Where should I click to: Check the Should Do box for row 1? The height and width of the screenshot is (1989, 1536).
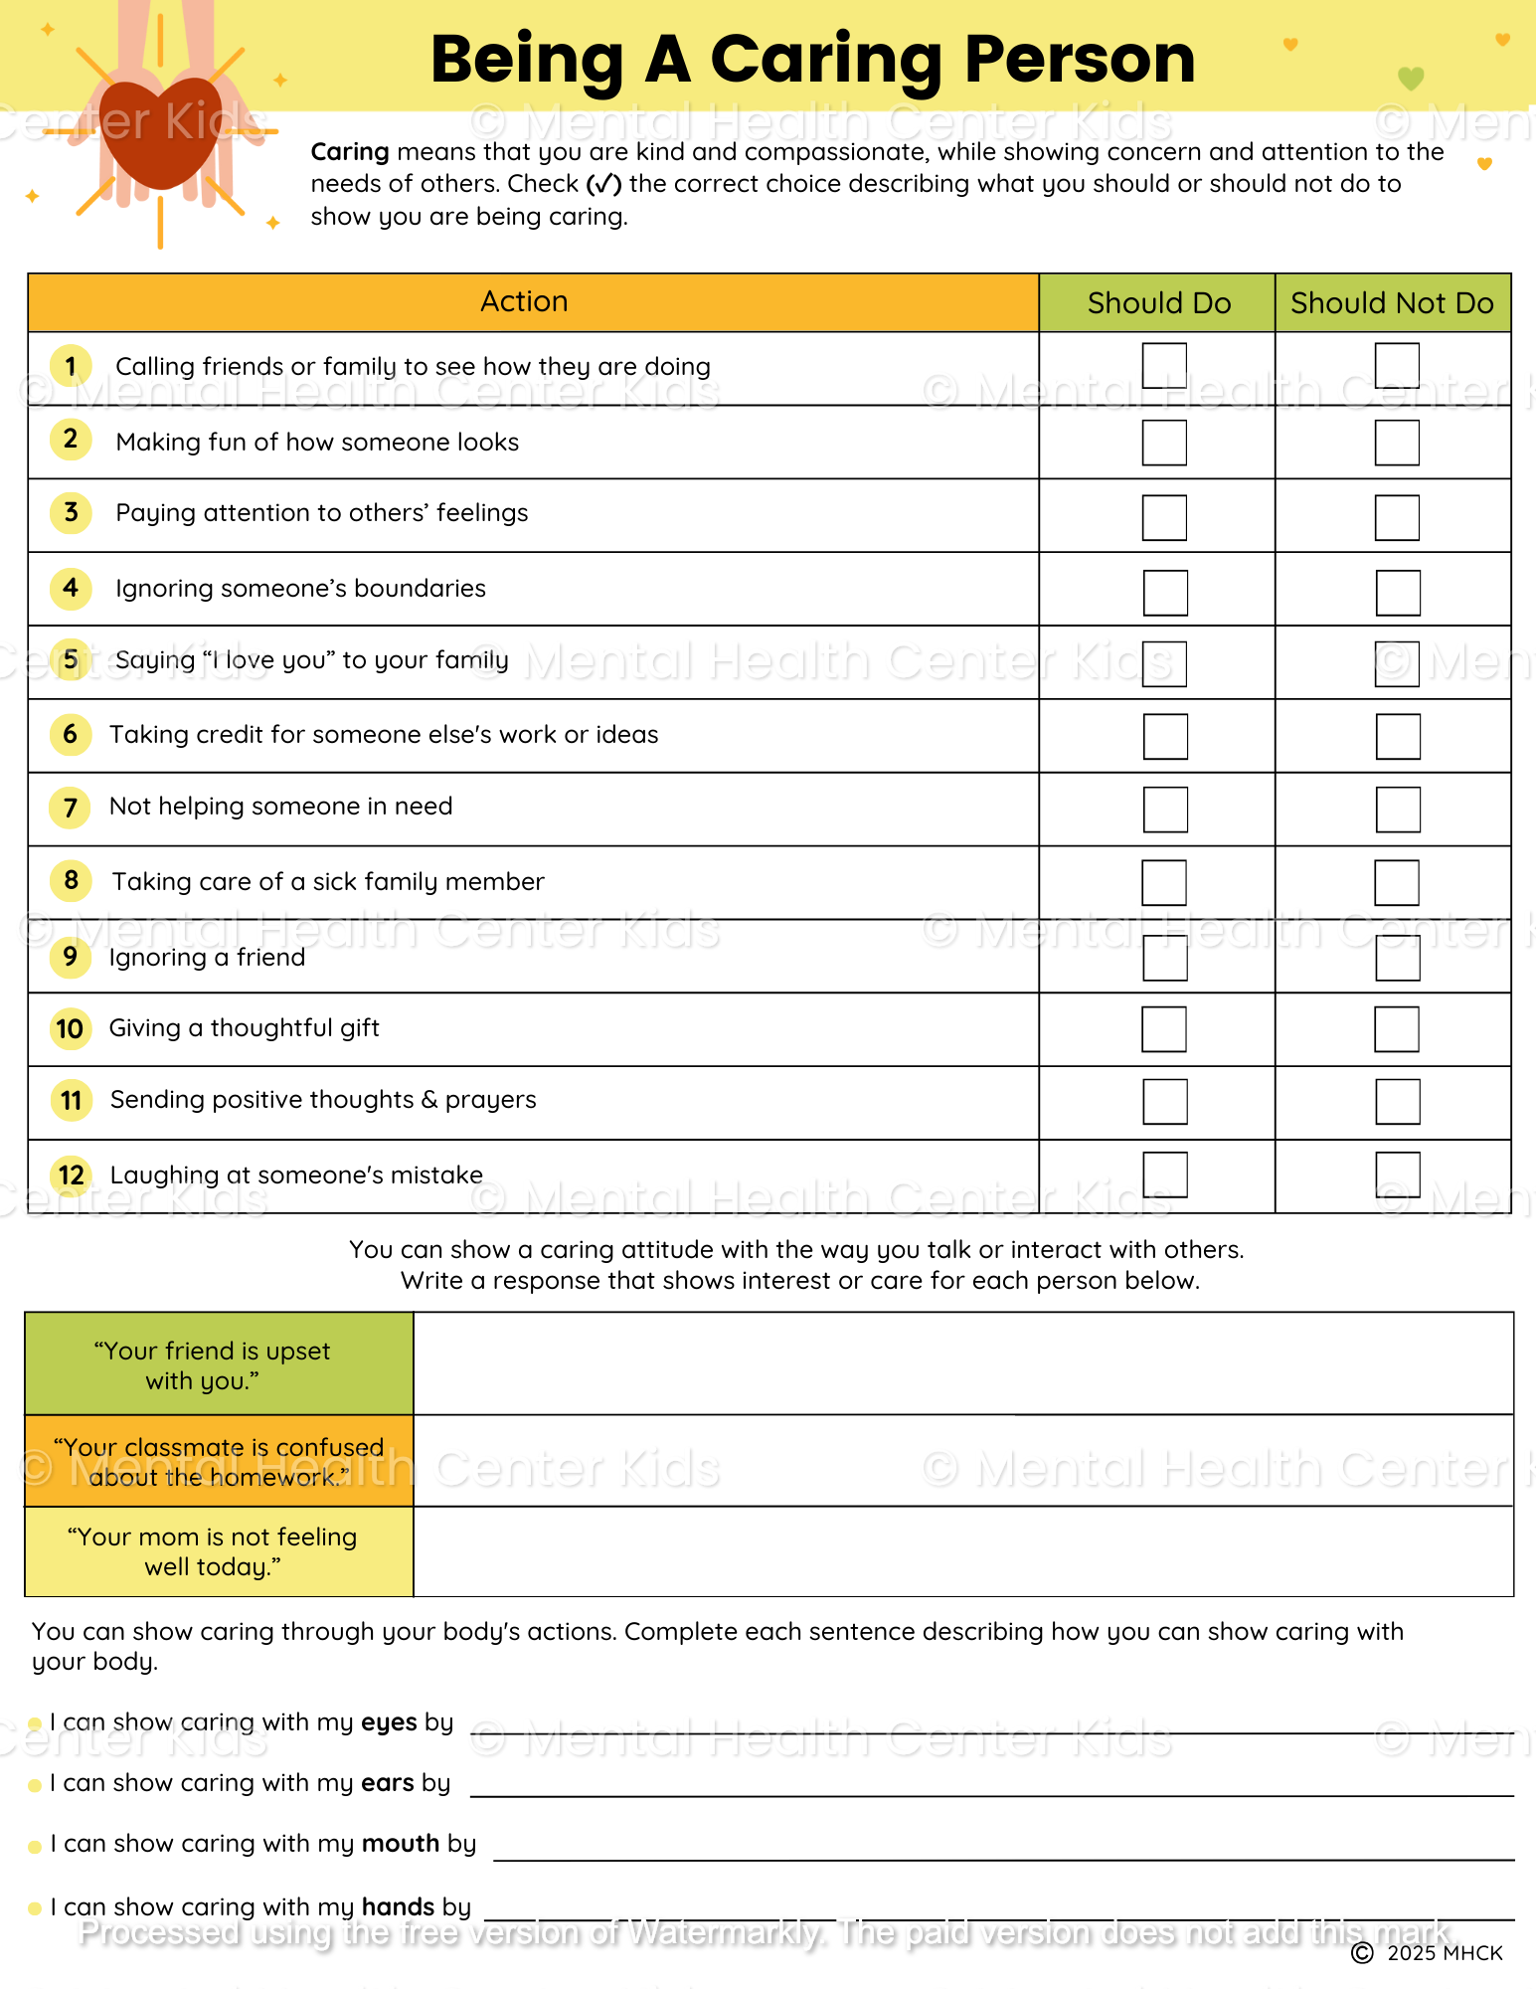point(1164,366)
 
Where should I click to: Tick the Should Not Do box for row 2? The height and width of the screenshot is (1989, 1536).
point(1397,443)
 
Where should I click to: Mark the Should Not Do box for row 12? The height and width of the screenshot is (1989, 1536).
point(1397,1175)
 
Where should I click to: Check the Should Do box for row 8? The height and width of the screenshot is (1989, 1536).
point(1164,882)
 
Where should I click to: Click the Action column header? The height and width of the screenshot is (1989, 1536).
point(524,302)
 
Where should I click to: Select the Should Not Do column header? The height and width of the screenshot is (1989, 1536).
point(1392,303)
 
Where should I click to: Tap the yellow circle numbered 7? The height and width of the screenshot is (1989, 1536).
point(71,808)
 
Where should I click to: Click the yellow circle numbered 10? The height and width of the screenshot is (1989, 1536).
point(71,1028)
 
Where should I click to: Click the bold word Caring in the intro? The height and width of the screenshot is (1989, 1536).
point(350,152)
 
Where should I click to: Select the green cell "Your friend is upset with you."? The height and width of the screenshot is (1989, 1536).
point(218,1365)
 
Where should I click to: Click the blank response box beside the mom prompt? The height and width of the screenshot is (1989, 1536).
point(962,1551)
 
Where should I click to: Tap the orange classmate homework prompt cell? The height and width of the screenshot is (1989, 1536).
point(218,1461)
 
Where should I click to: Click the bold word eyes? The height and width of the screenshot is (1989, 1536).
point(389,1722)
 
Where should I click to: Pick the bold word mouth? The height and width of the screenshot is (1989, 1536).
point(401,1844)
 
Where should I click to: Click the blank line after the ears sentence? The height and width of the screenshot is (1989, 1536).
point(990,1786)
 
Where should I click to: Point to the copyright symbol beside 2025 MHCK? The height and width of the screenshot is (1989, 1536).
point(1362,1953)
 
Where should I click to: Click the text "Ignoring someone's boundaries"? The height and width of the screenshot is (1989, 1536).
point(300,589)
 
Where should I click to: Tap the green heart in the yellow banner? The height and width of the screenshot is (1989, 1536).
point(1411,78)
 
